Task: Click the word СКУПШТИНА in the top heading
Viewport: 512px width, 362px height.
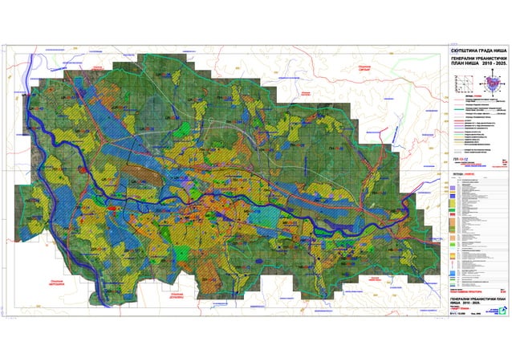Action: coord(465,51)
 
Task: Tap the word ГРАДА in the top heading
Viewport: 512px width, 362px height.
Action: coord(483,51)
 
